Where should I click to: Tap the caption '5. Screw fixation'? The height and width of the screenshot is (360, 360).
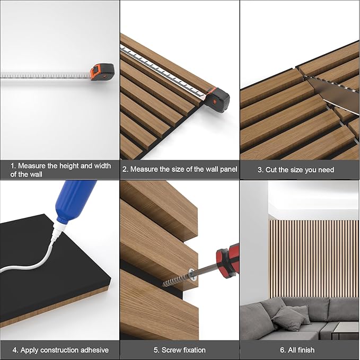click(x=179, y=350)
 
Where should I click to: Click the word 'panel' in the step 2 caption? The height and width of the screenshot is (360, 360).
click(x=227, y=170)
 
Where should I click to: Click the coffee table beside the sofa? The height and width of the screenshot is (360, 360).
click(x=345, y=331)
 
